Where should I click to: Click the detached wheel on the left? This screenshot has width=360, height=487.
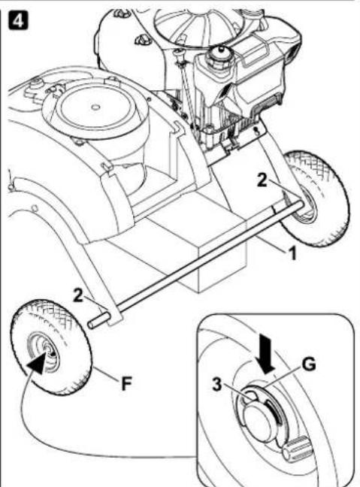click(51, 346)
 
